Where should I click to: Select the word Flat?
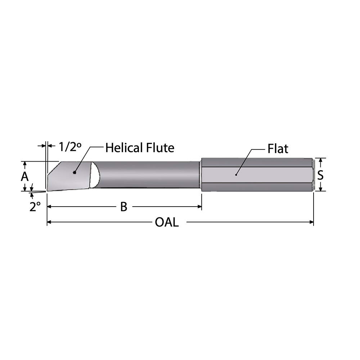point(278,149)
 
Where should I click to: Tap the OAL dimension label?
point(166,222)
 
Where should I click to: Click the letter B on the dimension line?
point(123,207)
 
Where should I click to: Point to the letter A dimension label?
point(24,176)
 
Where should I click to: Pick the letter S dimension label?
point(320,175)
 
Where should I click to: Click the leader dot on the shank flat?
point(236,175)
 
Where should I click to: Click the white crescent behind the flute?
point(95,175)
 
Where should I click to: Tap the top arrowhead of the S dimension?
point(320,160)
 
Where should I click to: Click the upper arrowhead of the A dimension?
point(24,164)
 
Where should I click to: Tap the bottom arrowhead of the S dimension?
point(320,188)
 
